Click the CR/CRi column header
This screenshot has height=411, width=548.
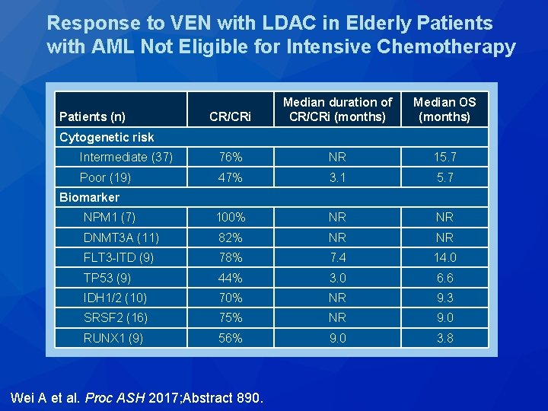[x=230, y=117]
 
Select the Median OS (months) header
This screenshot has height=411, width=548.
[x=444, y=110]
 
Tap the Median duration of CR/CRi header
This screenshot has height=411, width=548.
[x=337, y=110]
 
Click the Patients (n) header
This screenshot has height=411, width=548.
[x=92, y=117]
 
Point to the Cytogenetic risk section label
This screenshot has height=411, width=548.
[x=106, y=137]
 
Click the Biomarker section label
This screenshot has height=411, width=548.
[x=89, y=197]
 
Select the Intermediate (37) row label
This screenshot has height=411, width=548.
[x=126, y=158]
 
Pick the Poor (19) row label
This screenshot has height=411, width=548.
[x=105, y=177]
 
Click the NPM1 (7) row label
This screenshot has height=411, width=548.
[x=110, y=218]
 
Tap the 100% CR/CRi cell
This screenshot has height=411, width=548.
[x=230, y=218]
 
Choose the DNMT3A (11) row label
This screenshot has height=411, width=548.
[x=121, y=237]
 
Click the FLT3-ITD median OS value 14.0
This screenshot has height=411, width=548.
[x=444, y=258]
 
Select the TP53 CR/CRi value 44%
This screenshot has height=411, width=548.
[x=230, y=278]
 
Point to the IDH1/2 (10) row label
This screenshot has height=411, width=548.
[x=116, y=298]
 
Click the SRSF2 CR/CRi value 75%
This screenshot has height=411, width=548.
[x=230, y=318]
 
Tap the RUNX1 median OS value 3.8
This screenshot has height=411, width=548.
[x=444, y=338]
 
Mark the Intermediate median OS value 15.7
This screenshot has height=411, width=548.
[x=444, y=158]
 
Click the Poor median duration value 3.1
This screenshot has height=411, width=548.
[x=337, y=177]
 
